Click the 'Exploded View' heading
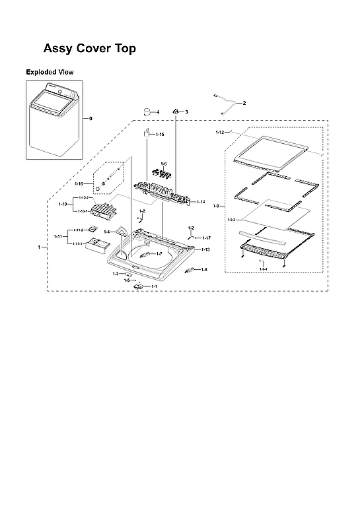(50, 71)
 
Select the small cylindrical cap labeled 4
(148, 111)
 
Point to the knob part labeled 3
(176, 112)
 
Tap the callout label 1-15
(160, 135)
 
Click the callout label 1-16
(79, 183)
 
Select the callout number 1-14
(201, 201)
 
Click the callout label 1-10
(62, 204)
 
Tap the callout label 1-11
(58, 236)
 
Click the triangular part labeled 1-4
(124, 231)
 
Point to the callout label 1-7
(159, 253)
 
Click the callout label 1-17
(206, 238)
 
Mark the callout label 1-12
(219, 133)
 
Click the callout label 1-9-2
(232, 220)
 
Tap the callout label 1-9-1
(263, 269)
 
